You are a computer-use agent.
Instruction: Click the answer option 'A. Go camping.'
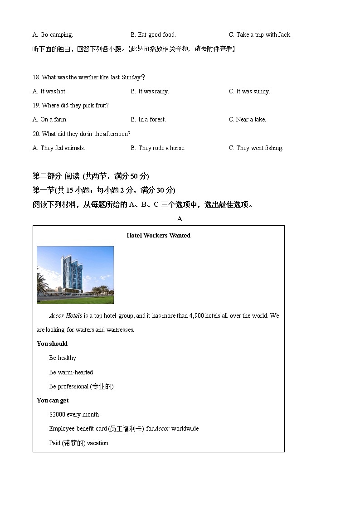point(53,34)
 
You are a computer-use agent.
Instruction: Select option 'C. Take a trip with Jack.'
point(260,34)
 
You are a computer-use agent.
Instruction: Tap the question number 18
point(36,77)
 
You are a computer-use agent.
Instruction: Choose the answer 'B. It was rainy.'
point(150,91)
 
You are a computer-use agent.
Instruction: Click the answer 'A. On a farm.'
point(50,119)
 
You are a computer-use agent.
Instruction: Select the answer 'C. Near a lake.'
point(247,119)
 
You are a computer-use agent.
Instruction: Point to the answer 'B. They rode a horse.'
point(158,148)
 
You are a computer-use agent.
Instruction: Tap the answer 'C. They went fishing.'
point(256,148)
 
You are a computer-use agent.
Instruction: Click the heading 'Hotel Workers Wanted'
point(158,235)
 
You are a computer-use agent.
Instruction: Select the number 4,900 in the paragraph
point(197,315)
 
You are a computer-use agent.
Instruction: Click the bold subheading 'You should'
point(52,344)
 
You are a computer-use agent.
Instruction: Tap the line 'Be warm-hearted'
point(71,372)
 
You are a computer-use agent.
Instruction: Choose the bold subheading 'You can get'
point(53,400)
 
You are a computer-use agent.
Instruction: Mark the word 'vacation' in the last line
point(97,443)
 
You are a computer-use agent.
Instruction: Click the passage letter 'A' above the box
point(180,219)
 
